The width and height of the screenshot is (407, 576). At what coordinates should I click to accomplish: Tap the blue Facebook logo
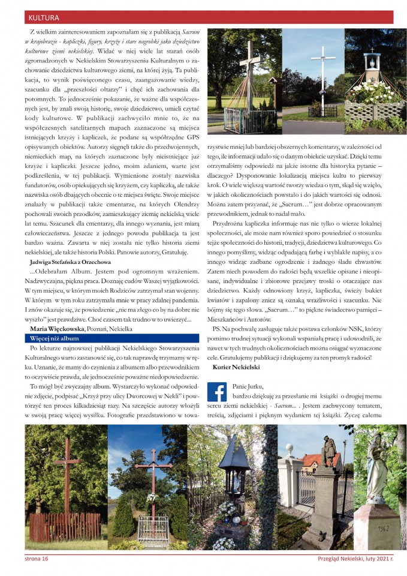(x=216, y=392)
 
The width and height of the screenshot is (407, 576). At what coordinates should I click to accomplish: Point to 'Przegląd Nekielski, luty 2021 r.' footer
(x=355, y=559)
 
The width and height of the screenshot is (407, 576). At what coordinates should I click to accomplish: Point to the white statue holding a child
(x=376, y=468)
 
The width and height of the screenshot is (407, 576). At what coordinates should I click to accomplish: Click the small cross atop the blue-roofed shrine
(x=372, y=50)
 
